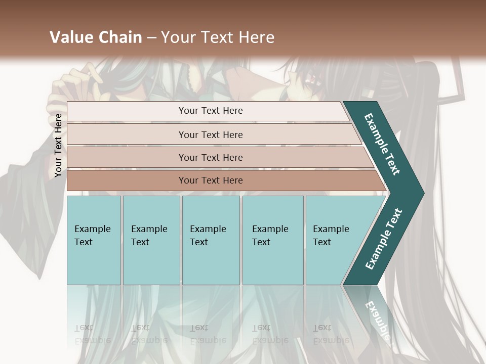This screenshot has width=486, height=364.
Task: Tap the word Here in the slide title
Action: pos(257,37)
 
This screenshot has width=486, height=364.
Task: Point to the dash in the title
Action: pos(151,38)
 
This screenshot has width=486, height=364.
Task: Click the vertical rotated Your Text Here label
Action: pos(59,146)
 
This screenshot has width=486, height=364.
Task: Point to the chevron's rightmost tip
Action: pos(423,193)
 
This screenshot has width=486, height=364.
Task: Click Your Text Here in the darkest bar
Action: pos(211,180)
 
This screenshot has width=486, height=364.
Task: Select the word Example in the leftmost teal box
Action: pos(92,229)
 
